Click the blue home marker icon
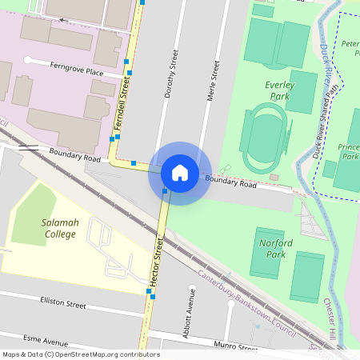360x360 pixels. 180,173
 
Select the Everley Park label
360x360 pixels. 279,90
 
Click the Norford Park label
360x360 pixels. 276,248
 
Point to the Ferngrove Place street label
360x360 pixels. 77,72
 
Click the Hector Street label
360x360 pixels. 157,263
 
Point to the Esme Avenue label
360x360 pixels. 46,338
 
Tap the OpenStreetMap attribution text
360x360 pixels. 81,354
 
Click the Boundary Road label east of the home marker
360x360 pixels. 231,183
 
